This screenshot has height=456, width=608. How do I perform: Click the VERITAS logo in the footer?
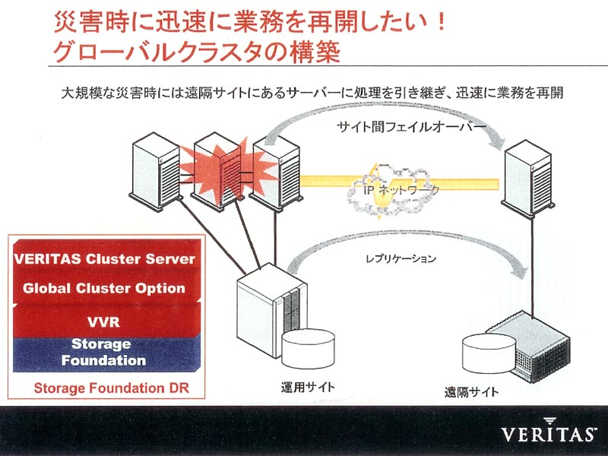549,431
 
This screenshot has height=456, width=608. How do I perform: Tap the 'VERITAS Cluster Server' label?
104,259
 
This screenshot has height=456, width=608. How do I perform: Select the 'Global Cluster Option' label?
104,288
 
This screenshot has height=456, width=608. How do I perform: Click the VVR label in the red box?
103,321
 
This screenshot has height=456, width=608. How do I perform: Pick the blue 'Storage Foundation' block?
106,354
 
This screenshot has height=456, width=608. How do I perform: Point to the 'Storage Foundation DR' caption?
111,388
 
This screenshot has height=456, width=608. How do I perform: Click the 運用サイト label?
308,387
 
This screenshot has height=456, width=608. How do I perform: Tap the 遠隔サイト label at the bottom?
471,392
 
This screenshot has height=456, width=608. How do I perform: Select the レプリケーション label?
401,258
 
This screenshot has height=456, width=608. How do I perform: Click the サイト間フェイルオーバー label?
411,127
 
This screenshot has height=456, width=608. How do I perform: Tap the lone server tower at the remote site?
527,178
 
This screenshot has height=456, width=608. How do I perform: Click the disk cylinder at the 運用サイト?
308,349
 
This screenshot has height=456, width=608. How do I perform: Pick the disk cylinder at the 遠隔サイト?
489,353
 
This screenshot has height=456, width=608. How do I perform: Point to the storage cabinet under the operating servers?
271,311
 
